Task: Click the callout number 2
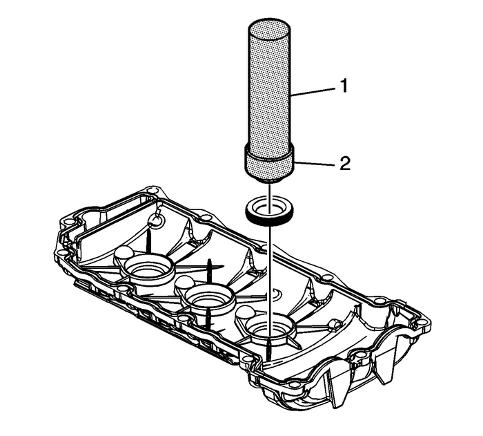point(344,164)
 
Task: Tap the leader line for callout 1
point(314,90)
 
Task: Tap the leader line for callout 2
point(315,163)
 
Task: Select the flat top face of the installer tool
point(269,30)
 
